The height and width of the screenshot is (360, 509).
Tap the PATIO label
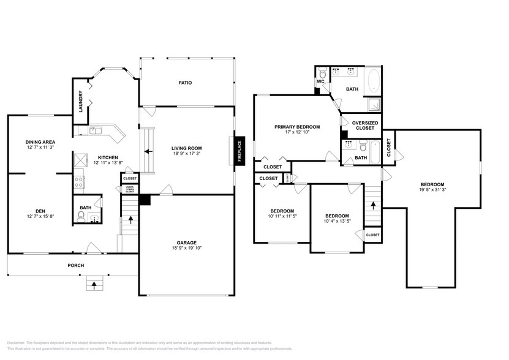click(186, 83)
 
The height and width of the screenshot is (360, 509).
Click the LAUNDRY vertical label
click(80, 101)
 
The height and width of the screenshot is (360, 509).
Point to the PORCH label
click(75, 265)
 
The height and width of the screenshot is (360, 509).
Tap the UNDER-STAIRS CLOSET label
click(130, 189)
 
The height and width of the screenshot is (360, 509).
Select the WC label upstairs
click(320, 82)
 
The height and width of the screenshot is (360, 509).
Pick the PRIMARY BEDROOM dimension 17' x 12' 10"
click(297, 133)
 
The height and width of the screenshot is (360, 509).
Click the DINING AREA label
click(40, 141)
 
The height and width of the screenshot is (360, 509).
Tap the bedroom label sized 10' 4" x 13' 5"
click(337, 216)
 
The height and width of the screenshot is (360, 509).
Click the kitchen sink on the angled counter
click(96, 130)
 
